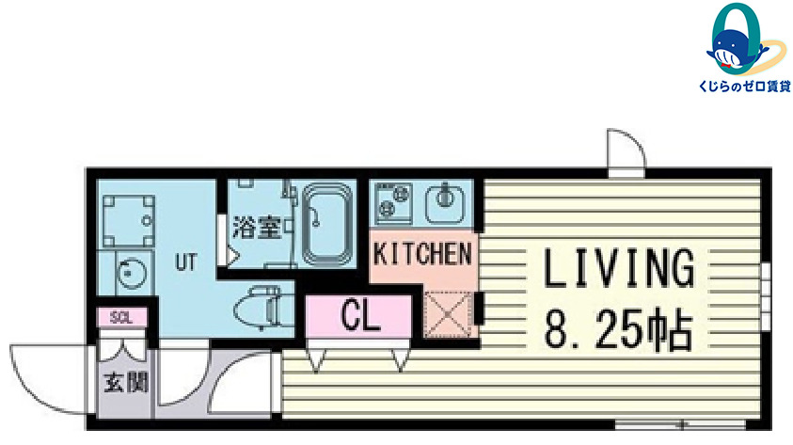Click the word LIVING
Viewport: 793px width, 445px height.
(619, 268)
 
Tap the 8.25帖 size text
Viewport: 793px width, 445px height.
(618, 328)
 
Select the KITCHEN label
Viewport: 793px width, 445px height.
(422, 254)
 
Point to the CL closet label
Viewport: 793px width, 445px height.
(359, 315)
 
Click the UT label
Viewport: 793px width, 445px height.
(185, 262)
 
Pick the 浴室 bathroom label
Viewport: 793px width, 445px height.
(257, 227)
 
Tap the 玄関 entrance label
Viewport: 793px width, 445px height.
(126, 382)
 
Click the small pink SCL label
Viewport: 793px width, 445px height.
(121, 318)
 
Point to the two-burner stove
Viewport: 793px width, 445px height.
(394, 201)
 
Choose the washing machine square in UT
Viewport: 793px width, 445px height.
(129, 221)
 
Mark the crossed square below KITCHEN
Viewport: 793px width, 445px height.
(449, 314)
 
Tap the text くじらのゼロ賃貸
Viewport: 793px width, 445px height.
(744, 87)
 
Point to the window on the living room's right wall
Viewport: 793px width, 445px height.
(766, 296)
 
